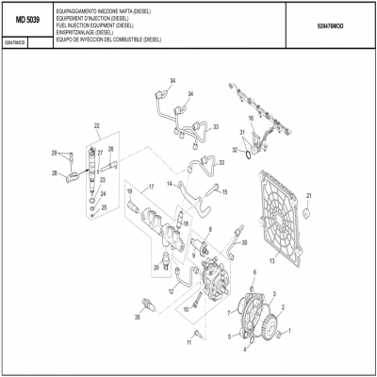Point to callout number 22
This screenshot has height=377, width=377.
click(x=96, y=125)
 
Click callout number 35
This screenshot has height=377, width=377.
click(x=139, y=319)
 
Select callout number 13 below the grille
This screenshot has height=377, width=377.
click(x=271, y=259)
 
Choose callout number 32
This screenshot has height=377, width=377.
click(x=235, y=150)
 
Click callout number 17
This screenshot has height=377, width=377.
click(x=149, y=188)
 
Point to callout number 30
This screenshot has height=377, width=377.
click(x=246, y=242)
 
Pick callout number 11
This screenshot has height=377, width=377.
click(x=188, y=345)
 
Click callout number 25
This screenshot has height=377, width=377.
click(x=105, y=207)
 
